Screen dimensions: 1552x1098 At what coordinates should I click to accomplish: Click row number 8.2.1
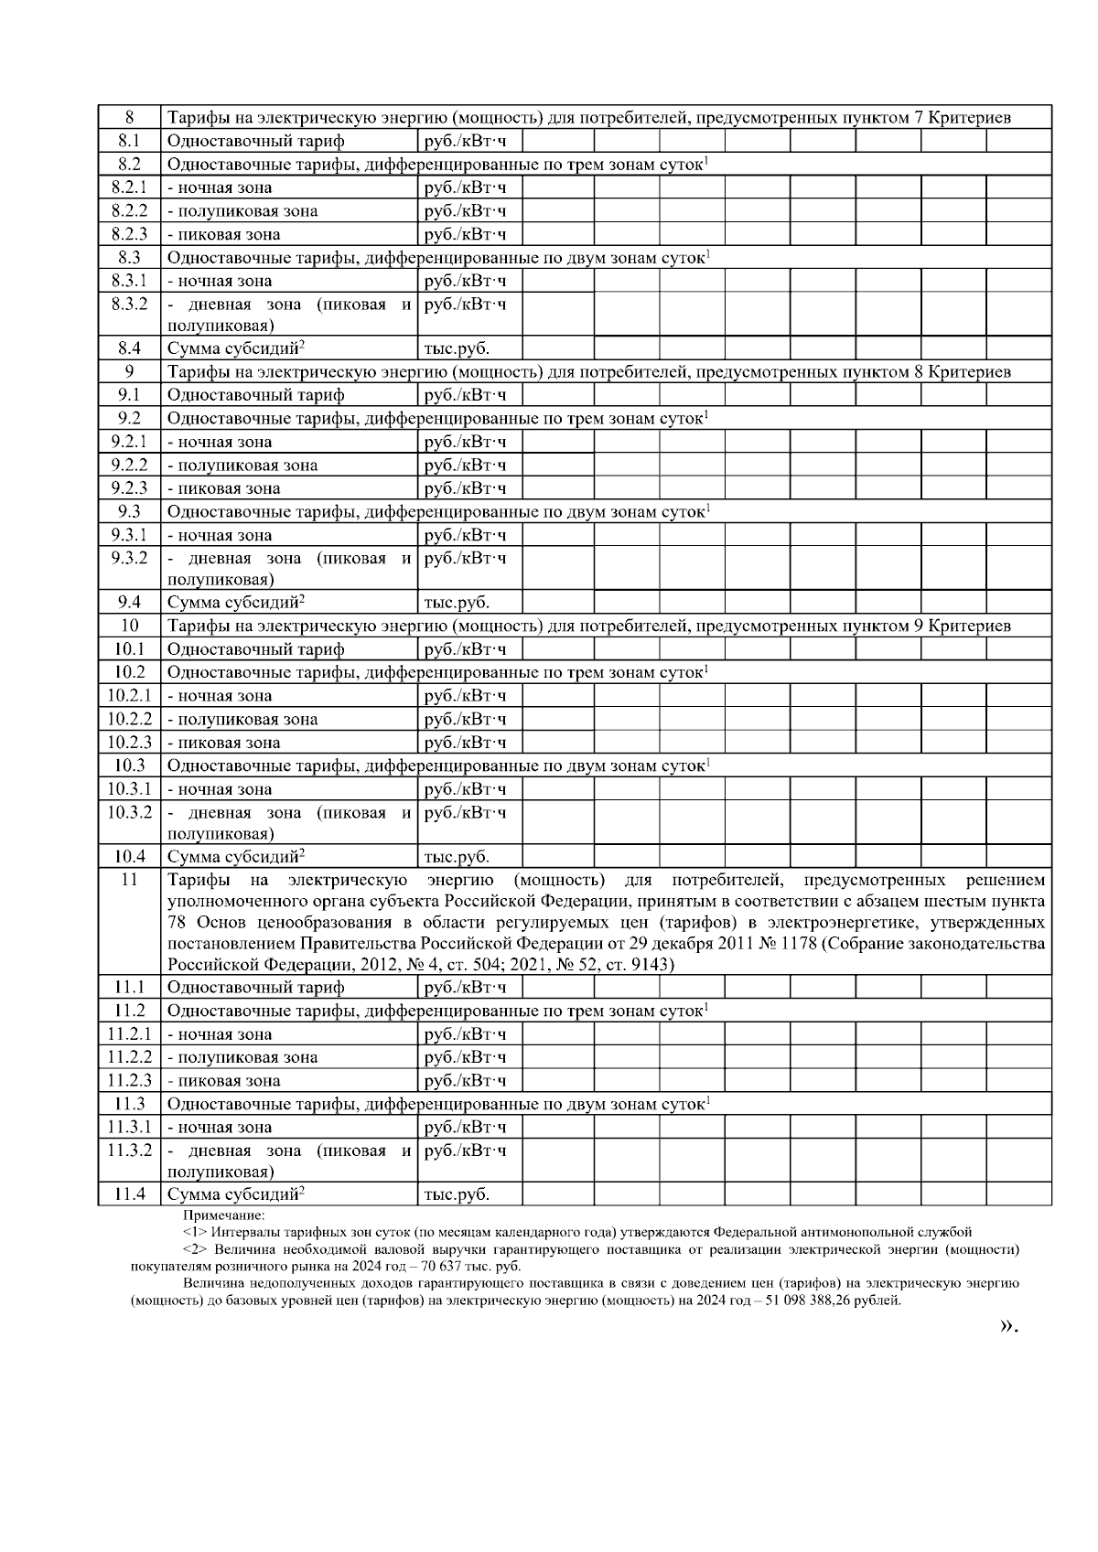[x=129, y=187]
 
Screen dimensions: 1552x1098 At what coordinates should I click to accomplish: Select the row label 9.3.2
[x=129, y=558]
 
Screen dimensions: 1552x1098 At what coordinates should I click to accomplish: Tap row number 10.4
[x=129, y=857]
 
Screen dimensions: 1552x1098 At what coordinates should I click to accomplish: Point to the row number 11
[x=129, y=880]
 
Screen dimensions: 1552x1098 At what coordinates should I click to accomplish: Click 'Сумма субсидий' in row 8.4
[x=234, y=348]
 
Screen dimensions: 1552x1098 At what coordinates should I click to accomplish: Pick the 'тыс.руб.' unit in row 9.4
[x=457, y=603]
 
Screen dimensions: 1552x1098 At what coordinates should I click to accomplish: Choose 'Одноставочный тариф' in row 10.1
[x=255, y=649]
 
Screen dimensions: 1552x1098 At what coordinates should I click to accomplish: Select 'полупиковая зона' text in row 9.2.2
[x=242, y=465]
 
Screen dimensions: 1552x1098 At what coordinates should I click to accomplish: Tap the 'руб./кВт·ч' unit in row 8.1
[x=465, y=141]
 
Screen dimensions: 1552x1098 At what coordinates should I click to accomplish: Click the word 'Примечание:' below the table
[x=223, y=1215]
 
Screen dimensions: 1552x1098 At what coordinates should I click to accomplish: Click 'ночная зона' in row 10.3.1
[x=220, y=789]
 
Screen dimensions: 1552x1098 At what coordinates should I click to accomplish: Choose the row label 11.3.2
[x=129, y=1151]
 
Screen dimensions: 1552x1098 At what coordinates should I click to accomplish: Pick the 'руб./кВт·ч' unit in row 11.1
[x=465, y=988]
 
